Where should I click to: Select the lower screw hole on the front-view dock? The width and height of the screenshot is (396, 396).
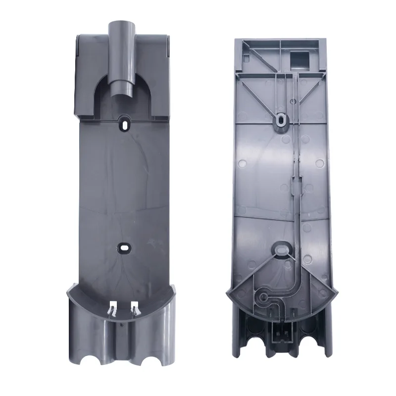pyautogui.click(x=123, y=246)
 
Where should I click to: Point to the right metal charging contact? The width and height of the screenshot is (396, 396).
pyautogui.click(x=134, y=309)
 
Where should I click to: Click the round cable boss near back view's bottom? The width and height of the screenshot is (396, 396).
pyautogui.click(x=264, y=297)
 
